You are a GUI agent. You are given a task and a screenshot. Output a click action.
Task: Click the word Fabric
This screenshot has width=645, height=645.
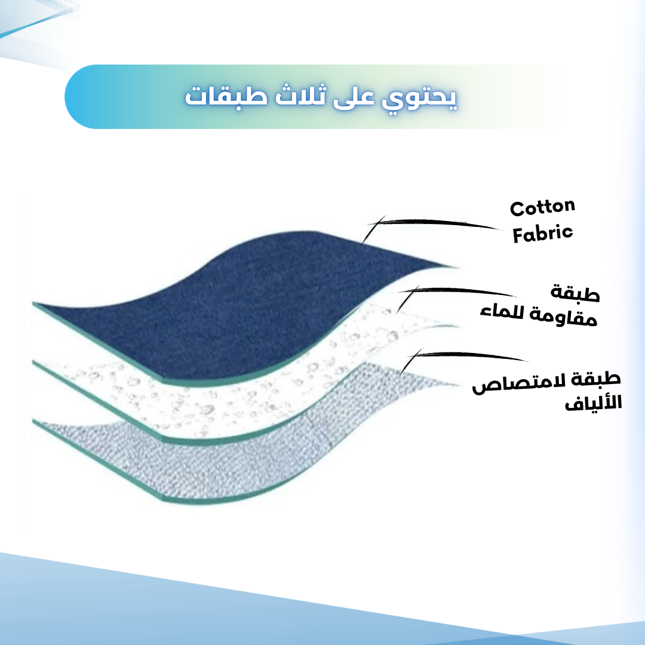pos(542,234)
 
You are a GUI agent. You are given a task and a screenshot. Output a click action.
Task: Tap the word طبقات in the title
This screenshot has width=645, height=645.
pos(226,96)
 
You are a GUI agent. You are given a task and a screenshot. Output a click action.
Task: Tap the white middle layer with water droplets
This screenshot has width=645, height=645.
pos(247,395)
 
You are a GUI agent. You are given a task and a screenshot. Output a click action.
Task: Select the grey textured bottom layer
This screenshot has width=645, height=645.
pos(231,457)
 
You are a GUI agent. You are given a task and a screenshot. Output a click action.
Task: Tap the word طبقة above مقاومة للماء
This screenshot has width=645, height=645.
pos(575,293)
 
